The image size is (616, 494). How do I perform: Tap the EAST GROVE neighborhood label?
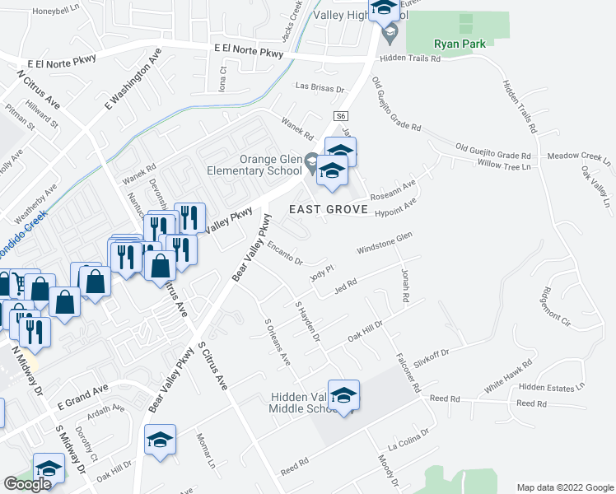pyautogui.click(x=329, y=209)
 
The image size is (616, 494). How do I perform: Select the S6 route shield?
pyautogui.click(x=341, y=117)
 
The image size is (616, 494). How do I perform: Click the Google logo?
pyautogui.click(x=27, y=484)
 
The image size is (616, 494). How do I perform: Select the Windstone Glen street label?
pyautogui.click(x=383, y=243)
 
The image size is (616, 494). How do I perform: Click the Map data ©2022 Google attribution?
pyautogui.click(x=565, y=487)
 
